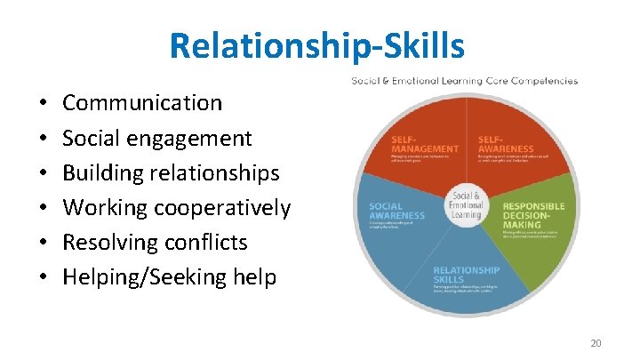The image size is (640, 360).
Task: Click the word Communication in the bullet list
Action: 142,103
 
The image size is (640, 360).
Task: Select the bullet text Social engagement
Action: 157,139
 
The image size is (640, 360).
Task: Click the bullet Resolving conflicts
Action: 155,243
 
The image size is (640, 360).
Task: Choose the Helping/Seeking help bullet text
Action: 169,277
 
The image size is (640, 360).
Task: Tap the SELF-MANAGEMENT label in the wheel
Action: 425,144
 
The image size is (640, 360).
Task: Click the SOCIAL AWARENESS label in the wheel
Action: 397,211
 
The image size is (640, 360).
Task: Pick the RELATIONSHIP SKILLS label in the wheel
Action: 466,276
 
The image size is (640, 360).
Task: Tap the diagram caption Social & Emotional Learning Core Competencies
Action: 464,81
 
